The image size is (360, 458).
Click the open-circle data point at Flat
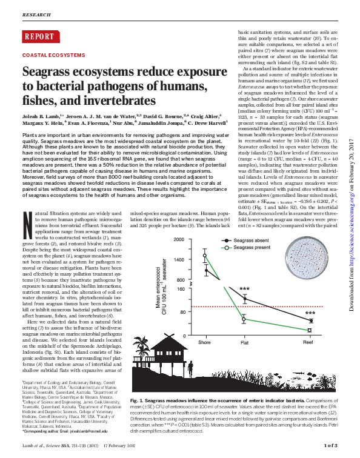click(244, 319)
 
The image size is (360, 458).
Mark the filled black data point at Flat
click(244, 299)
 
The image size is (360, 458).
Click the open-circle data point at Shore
click(205, 256)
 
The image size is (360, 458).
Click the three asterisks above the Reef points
click(310, 313)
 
